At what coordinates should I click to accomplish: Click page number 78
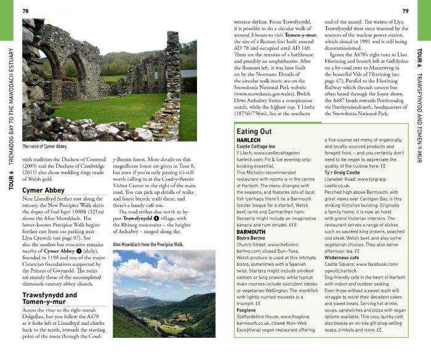coord(25,11)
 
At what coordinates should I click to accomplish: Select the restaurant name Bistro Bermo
coord(251,238)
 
